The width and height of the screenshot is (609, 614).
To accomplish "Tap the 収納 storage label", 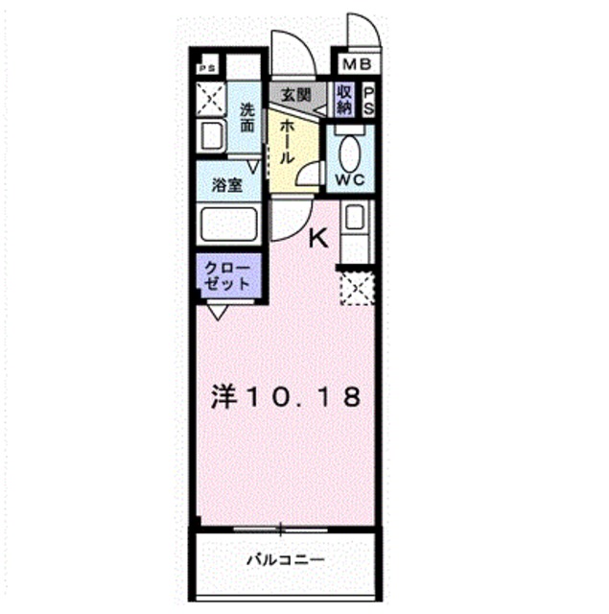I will [344, 100].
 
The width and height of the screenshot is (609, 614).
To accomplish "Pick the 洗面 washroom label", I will [246, 118].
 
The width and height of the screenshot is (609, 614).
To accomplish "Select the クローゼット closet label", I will [227, 276].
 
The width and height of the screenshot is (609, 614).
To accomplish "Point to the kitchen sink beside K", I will [356, 219].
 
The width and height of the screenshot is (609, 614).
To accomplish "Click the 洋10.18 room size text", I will [286, 396].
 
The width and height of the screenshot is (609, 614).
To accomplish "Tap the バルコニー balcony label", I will [285, 558].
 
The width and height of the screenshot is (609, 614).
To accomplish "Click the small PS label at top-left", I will [205, 68].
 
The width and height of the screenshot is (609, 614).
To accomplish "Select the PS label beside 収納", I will [368, 100].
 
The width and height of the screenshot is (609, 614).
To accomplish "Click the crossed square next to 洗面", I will [208, 99].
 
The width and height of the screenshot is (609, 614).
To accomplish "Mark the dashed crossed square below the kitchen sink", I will [357, 287].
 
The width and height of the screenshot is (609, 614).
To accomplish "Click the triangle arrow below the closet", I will [217, 311].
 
